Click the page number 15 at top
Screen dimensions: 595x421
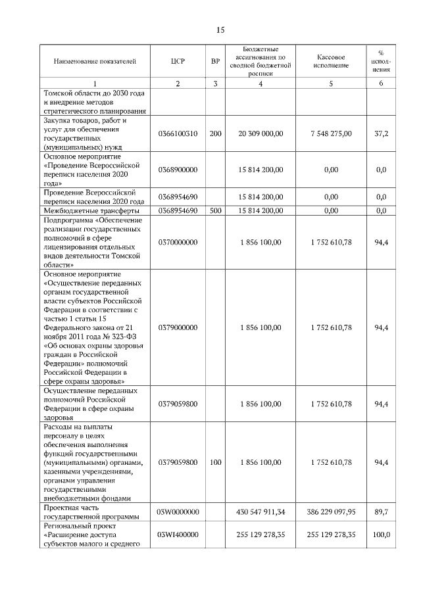[x=220, y=30]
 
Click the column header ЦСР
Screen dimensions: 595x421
[x=178, y=61]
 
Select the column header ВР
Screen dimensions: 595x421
[x=215, y=61]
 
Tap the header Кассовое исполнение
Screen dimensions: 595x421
[x=332, y=61]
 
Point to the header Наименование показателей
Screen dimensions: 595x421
[x=95, y=61]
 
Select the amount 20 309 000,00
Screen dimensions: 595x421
[x=260, y=133]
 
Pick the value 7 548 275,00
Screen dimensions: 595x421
[x=332, y=133]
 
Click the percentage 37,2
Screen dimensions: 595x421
[x=381, y=133]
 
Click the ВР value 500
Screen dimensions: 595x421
[x=215, y=210]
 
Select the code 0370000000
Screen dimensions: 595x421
[x=178, y=243]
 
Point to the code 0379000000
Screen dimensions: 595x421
[x=178, y=327]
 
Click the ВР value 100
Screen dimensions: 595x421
[x=215, y=463]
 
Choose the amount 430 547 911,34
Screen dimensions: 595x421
[x=260, y=511]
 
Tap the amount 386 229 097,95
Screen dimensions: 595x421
[x=332, y=511]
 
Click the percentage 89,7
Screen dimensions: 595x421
[x=381, y=511]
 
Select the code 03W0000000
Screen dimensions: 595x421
[x=178, y=511]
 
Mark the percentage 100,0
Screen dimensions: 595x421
[x=381, y=535]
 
